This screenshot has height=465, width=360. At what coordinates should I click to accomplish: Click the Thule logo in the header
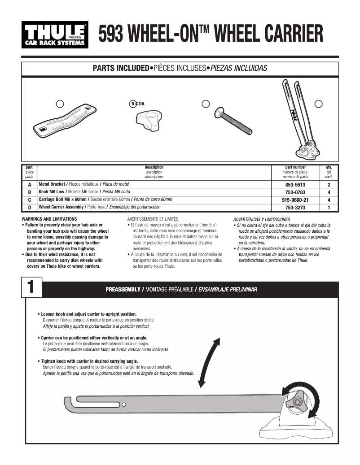click(55, 35)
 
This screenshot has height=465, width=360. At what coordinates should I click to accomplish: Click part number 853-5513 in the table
click(295, 185)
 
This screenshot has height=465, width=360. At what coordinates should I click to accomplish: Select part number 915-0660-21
click(295, 200)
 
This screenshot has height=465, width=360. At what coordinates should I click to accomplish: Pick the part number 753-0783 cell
click(295, 192)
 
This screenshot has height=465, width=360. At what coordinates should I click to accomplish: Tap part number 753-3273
click(295, 208)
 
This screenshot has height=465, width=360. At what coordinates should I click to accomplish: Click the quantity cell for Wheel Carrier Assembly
click(329, 208)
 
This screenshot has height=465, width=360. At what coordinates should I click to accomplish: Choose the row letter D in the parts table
click(29, 208)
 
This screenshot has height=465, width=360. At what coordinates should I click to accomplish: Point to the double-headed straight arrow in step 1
click(209, 362)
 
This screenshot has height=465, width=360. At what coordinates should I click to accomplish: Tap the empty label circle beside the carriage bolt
click(206, 104)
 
